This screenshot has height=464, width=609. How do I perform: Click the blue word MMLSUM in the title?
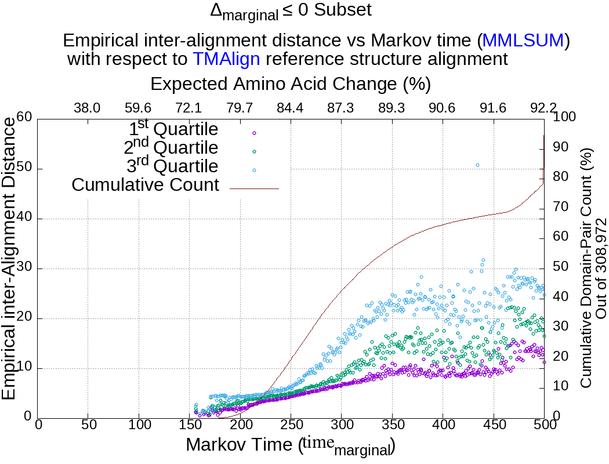click(x=523, y=41)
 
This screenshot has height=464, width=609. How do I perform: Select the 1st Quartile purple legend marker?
click(x=254, y=133)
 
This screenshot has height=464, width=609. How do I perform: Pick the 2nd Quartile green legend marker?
click(x=254, y=151)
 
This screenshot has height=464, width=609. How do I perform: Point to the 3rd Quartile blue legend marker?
click(x=254, y=170)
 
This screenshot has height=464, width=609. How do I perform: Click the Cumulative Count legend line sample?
click(x=254, y=188)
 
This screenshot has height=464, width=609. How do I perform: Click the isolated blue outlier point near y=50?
click(x=477, y=165)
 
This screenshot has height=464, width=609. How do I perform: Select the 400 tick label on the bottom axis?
click(x=443, y=425)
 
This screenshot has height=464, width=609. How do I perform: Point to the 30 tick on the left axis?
click(x=24, y=269)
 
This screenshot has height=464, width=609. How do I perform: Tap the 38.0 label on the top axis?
click(x=88, y=108)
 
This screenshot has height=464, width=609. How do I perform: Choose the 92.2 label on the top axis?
click(x=543, y=108)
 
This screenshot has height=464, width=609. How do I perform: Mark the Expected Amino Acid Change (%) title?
click(x=290, y=84)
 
